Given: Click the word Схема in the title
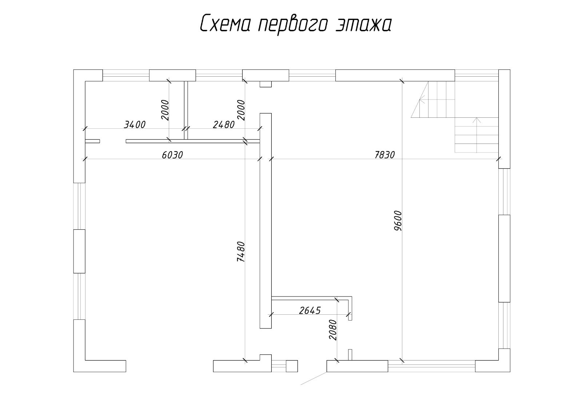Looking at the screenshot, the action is coord(225,24).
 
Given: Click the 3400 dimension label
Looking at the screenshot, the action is coord(135,125).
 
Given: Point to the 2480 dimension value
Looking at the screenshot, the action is coord(224,125).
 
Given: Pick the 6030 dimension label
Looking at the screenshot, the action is coord(172,155).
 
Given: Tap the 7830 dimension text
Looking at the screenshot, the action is coord(385,155).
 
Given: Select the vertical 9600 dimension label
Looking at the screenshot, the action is coord(398,221).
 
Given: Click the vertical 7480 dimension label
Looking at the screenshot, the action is coord(241,251).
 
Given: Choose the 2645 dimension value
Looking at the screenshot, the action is coord(310,310).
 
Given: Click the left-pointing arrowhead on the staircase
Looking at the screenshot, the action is coord(422,100).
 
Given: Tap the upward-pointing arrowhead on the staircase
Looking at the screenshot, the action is coord(477,120).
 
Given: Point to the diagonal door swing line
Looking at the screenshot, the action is coord(314,378).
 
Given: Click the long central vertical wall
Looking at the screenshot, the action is coord(266,221).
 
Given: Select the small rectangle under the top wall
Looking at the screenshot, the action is coord(266,84).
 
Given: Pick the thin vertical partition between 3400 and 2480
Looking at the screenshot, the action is coord(186,110).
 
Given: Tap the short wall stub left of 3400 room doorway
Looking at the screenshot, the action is coord(92,141).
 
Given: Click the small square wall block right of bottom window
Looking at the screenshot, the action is coord(292,366).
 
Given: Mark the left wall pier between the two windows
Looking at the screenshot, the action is coord(79,251).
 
